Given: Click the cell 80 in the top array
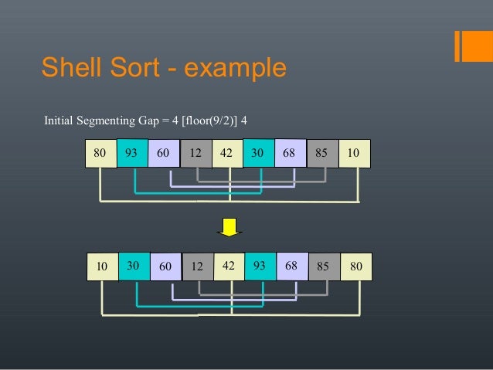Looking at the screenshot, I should coord(100,154).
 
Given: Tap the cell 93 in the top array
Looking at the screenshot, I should coord(132,153).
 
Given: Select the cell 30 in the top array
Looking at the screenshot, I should coord(259,153).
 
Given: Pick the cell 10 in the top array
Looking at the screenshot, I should coord(355,154).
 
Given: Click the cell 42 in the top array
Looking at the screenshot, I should coord(227,154).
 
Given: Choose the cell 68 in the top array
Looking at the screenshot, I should coord(291,154).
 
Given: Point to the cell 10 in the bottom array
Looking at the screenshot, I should coord(102,266).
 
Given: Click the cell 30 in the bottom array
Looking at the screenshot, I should coord(134,266).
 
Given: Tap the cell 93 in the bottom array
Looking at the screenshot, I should coord(260,266).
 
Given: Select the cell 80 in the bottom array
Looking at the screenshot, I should coord(356,266).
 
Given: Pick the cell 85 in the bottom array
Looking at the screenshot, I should coord(324,267).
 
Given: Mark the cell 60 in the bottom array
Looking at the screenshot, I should coord(165,267).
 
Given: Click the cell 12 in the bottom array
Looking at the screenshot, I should coord(197,267).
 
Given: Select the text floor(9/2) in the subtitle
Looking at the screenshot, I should coord(206,121).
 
